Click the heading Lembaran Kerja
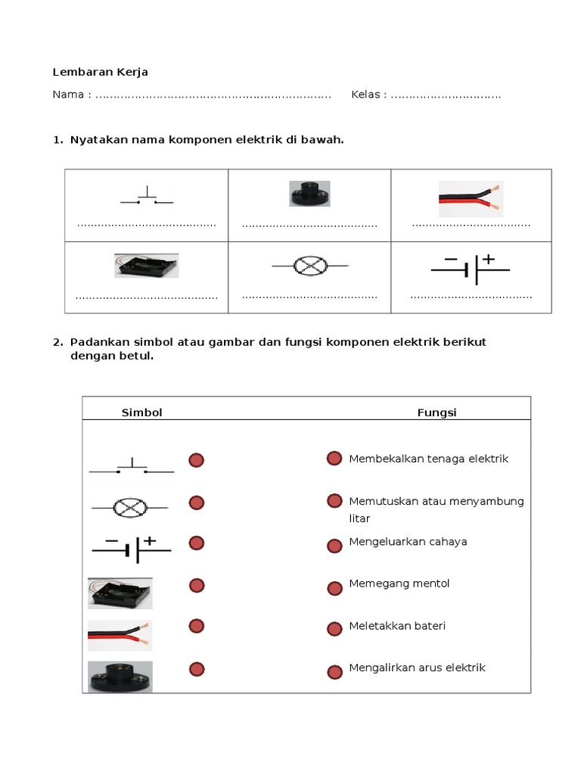100,72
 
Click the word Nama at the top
69,95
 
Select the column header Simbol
142,412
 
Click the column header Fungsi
437,412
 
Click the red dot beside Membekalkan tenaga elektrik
334,458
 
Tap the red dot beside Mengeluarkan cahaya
334,546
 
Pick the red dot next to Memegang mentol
334,588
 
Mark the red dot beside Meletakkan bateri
334,629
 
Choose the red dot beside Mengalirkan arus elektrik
334,671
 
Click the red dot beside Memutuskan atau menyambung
334,500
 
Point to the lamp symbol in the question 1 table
309,266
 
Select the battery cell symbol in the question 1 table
471,268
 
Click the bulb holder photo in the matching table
120,676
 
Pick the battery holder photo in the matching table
120,593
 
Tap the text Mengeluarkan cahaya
408,542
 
